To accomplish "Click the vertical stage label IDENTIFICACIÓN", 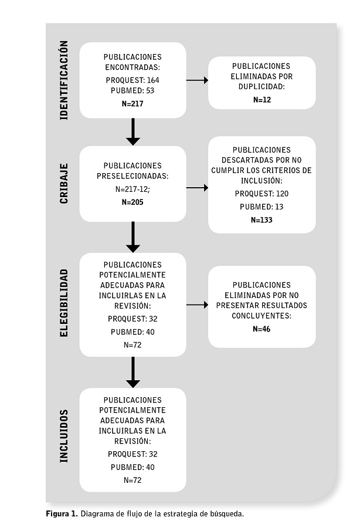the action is [x=64, y=80].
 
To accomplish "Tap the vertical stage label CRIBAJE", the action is [x=64, y=184].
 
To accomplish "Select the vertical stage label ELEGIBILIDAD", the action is [x=64, y=303].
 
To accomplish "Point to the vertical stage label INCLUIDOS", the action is [x=64, y=436].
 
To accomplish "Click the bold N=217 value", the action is [x=133, y=104].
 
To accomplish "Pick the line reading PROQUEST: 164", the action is [x=133, y=80].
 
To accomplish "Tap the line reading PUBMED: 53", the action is [x=133, y=90].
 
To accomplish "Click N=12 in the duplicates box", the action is [x=262, y=100].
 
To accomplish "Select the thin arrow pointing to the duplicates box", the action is [x=197, y=80].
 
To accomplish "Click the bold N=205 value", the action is [x=133, y=202].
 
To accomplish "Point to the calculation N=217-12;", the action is [x=133, y=189].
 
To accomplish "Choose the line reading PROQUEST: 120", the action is [x=262, y=194].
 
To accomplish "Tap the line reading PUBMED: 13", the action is [x=262, y=207].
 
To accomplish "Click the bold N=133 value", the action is [x=262, y=220].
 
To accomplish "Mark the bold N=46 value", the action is [x=262, y=329].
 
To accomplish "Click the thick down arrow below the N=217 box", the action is [x=133, y=132].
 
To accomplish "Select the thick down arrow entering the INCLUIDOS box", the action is [x=133, y=372].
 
